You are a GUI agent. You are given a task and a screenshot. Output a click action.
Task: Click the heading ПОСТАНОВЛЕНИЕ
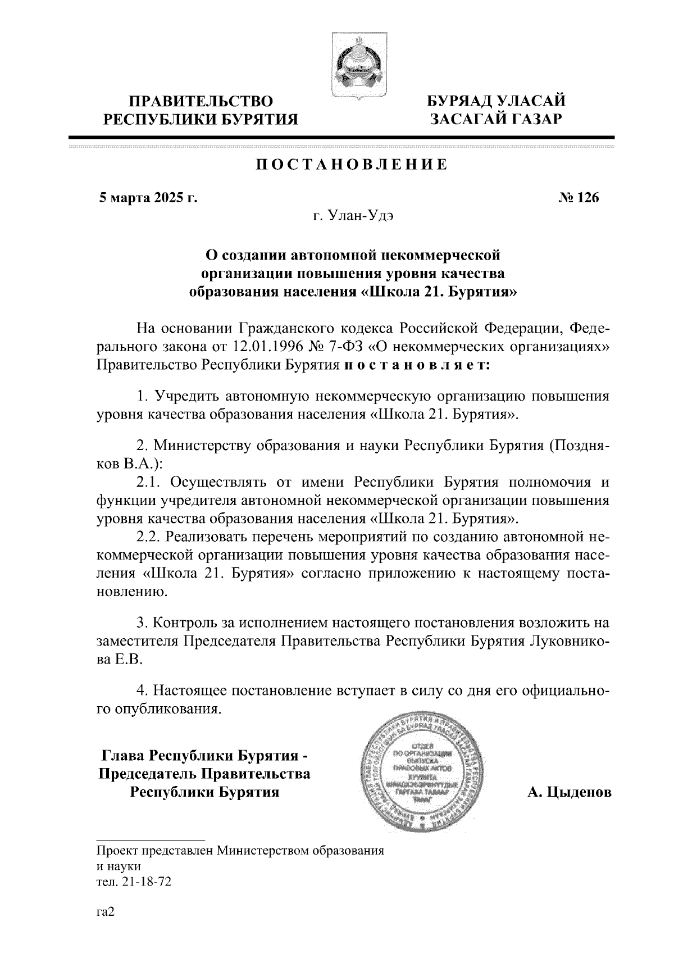click(352, 165)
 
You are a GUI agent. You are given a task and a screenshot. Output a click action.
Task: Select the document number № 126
click(579, 198)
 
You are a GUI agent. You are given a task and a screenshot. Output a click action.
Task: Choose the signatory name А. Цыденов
click(569, 792)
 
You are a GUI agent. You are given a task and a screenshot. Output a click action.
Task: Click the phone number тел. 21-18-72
click(134, 882)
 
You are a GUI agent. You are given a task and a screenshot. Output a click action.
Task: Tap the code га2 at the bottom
click(105, 912)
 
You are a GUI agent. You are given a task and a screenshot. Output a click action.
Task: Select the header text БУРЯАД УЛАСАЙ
click(497, 101)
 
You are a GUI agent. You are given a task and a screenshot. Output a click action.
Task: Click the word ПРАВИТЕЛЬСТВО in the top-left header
click(202, 101)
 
